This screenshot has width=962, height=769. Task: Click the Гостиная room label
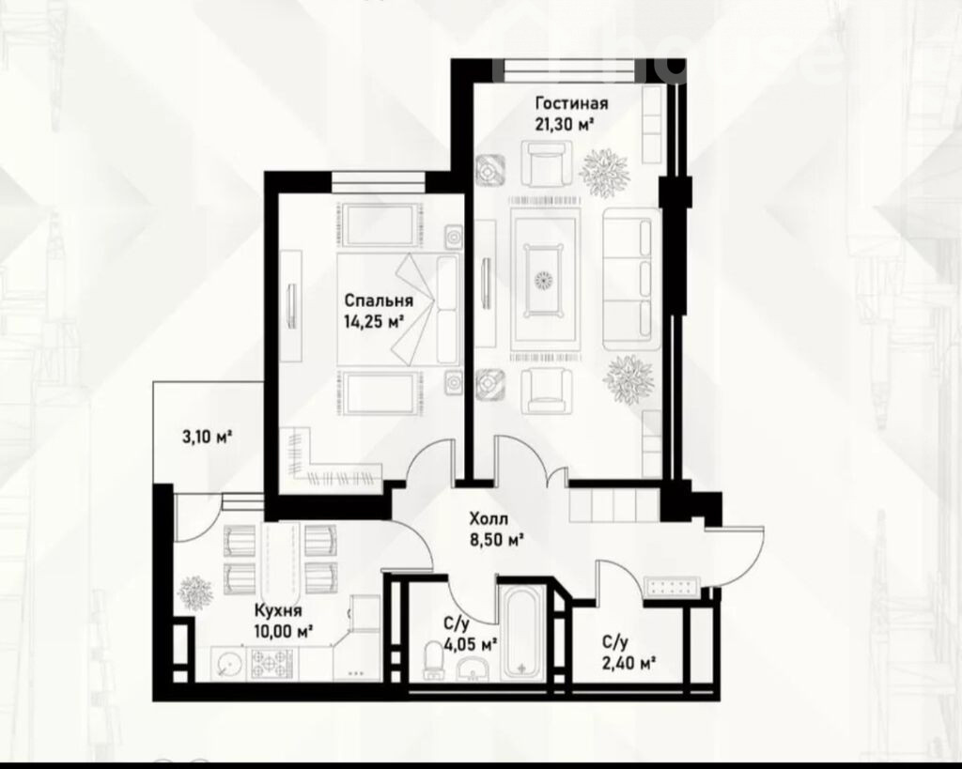[x=571, y=103]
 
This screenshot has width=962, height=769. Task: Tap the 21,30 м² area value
[x=565, y=125]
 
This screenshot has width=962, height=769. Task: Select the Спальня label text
[x=379, y=300]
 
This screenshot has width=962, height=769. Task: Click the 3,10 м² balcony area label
[x=207, y=437]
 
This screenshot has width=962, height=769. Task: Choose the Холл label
[x=489, y=519]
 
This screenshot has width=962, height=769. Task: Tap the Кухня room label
[x=278, y=610]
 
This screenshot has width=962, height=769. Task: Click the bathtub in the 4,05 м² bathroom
[x=522, y=632]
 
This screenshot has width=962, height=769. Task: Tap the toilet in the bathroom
[x=434, y=662]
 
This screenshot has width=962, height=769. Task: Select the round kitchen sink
[x=228, y=664]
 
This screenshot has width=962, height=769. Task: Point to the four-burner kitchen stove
[x=271, y=664]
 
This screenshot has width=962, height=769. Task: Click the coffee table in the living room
[x=542, y=280]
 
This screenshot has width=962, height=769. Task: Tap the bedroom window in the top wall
[x=379, y=182]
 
